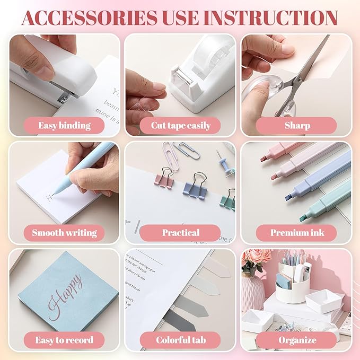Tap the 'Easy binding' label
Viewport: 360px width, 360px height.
coord(64,126)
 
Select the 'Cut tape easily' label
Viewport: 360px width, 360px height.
coord(180,126)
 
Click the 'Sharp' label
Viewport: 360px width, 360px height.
coord(296,126)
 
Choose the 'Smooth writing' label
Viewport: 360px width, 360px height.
coord(64,232)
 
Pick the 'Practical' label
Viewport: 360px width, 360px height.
coord(180,232)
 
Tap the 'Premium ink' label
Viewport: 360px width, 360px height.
coord(296,232)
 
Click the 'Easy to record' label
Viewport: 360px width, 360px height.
coord(64,340)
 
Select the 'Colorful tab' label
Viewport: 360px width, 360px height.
coord(180,340)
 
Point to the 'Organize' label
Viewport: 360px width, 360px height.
coord(296,340)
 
